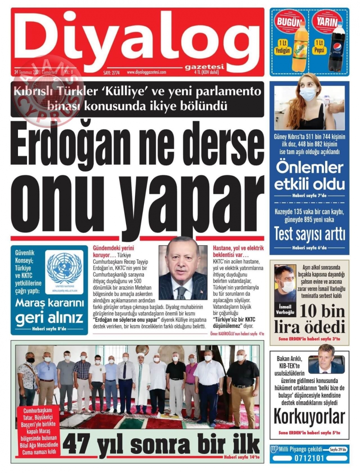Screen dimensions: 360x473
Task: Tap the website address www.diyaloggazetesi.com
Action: pos(147,72)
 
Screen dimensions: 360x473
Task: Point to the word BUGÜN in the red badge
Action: pos(288,22)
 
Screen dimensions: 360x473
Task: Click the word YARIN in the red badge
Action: pos(327,22)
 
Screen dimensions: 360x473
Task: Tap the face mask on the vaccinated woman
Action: pos(308,94)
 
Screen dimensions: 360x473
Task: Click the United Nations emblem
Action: pos(64,268)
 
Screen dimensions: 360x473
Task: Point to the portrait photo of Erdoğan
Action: pos(183,268)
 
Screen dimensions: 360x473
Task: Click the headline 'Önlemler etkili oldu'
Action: pos(309,176)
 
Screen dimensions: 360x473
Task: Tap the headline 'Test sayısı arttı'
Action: pos(309,234)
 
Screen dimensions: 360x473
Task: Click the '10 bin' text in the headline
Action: pos(322,311)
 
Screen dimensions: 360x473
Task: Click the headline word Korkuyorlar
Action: pos(309,417)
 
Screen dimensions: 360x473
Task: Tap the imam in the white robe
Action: pos(142,382)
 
